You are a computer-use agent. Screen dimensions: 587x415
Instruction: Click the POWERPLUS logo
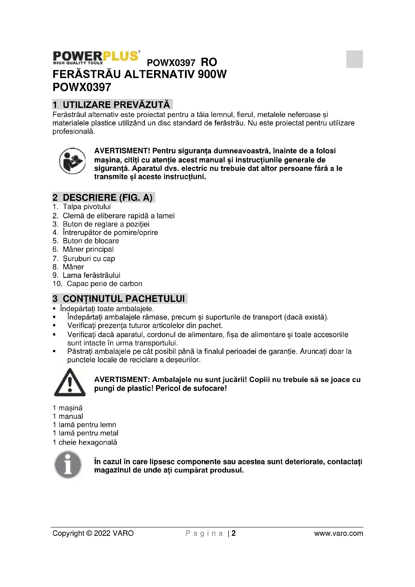point(96,57)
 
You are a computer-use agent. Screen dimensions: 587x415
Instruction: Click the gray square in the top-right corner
point(354,59)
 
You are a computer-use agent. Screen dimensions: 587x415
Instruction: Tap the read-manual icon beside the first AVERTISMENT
point(72,161)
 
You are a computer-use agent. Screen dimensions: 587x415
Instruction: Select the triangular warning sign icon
point(70,383)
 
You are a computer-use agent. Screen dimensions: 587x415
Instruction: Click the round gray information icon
point(68,465)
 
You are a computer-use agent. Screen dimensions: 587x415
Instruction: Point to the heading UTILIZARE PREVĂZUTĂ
point(116,105)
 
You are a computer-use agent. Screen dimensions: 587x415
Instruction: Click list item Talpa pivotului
point(87,207)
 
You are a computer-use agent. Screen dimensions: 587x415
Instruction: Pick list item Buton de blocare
point(91,241)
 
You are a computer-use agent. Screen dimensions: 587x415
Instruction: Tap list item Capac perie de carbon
point(104,284)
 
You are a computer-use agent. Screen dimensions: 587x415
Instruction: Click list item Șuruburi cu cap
point(89,258)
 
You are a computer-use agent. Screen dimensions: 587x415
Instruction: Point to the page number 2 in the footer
point(234,533)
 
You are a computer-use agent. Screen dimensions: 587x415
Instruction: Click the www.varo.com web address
point(338,533)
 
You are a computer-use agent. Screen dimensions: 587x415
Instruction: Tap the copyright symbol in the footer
point(89,533)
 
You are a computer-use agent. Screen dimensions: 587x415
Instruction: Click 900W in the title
point(212,74)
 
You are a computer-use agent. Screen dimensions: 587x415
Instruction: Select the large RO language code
point(209,62)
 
